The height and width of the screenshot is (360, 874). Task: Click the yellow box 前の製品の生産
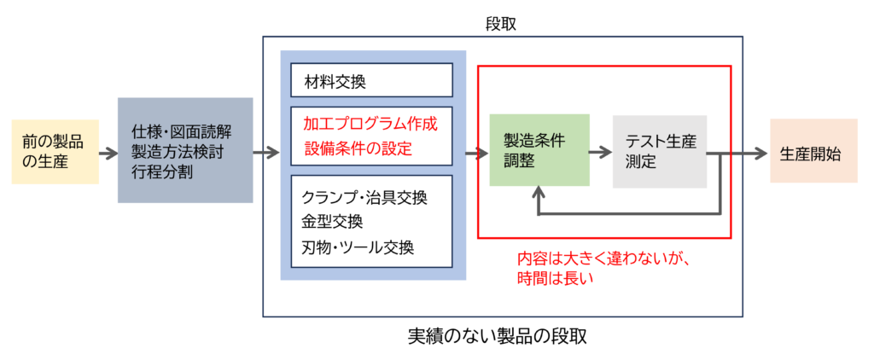(55, 151)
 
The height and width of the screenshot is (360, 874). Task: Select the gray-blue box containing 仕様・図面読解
(185, 150)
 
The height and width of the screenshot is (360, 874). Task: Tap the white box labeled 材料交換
(370, 81)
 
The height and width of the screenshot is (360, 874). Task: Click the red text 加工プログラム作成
(370, 124)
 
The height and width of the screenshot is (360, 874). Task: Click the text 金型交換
(332, 222)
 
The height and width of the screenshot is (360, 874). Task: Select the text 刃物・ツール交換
(358, 247)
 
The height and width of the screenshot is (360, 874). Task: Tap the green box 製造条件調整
(539, 150)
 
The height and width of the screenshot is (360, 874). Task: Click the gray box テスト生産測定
(660, 150)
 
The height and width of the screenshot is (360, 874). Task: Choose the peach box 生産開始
(813, 154)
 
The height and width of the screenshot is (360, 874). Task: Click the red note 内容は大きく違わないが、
(597, 258)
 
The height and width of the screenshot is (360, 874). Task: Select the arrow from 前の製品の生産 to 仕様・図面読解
(108, 154)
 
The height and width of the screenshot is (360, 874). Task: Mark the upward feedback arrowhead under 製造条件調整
(539, 193)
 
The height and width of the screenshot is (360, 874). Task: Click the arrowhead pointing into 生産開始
(760, 154)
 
